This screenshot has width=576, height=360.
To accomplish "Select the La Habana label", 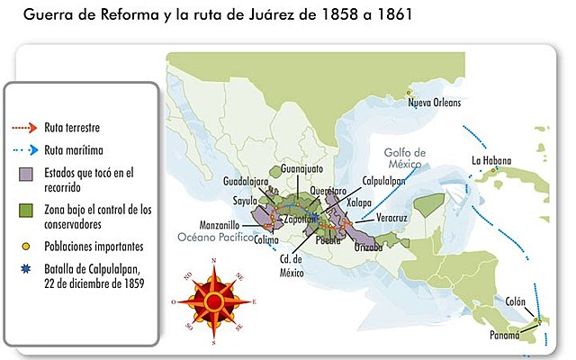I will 490,161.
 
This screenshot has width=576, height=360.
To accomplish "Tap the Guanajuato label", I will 302,168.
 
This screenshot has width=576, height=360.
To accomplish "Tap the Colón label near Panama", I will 514,301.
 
